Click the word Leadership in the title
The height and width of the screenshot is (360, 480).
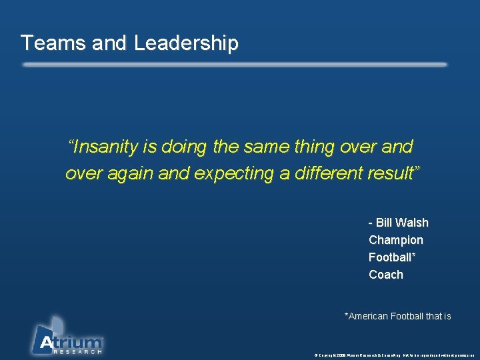(x=186, y=43)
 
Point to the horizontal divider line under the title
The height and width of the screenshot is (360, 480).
(x=234, y=65)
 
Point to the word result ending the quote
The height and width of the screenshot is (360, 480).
(x=395, y=173)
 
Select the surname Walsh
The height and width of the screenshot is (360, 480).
(x=413, y=223)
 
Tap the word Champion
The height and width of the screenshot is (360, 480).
(x=396, y=240)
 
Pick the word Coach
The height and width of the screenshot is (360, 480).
(x=386, y=275)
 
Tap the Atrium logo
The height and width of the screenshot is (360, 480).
(x=67, y=337)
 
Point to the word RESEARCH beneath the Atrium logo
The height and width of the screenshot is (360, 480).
(x=78, y=351)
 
